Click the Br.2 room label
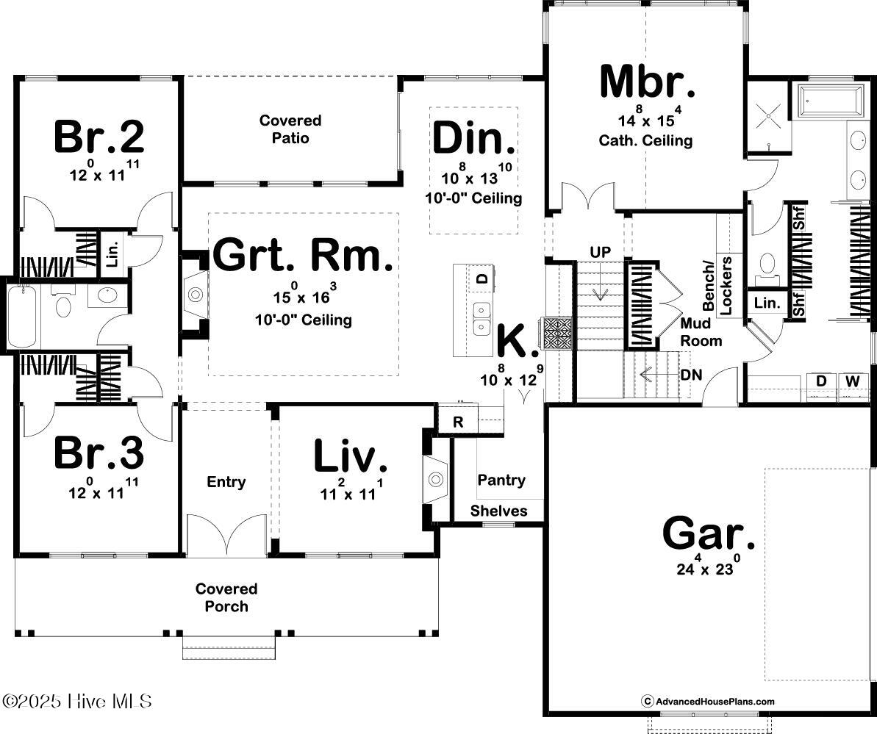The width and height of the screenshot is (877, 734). [99, 136]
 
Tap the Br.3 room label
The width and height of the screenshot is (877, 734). [99, 453]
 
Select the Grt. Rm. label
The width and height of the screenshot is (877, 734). [303, 255]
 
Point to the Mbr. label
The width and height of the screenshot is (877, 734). [647, 82]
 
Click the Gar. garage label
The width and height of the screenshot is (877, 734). [709, 534]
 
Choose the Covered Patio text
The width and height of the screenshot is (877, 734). [290, 129]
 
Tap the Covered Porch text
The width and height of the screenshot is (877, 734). [226, 597]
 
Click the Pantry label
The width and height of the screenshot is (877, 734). [501, 480]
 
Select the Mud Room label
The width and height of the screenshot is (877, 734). [701, 332]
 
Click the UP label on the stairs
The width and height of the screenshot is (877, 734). [601, 252]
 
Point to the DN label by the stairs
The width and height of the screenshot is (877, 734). [691, 375]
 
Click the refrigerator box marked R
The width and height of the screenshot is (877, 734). [457, 422]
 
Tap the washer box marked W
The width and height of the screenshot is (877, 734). [851, 381]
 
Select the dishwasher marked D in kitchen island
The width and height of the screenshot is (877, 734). [482, 278]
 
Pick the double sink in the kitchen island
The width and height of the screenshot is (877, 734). [482, 317]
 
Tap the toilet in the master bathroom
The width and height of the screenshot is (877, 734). [767, 263]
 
